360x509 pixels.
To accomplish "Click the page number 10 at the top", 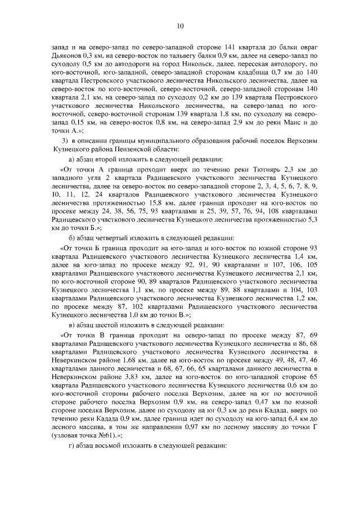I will pyautogui.click(x=180, y=25).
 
